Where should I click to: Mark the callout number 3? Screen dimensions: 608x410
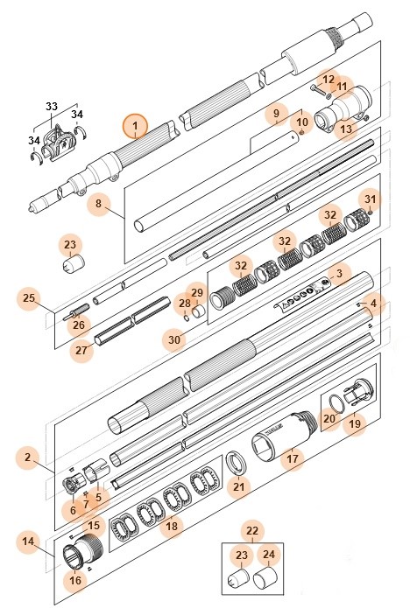tap(339, 272)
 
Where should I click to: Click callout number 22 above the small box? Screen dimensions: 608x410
tap(252, 531)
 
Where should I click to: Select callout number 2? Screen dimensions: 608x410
tap(27, 458)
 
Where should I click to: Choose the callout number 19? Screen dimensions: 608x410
tap(355, 425)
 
